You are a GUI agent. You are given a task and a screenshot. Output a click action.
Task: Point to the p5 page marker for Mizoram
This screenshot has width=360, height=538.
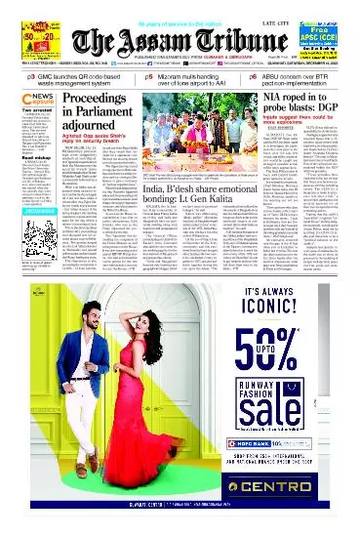click(150, 74)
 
